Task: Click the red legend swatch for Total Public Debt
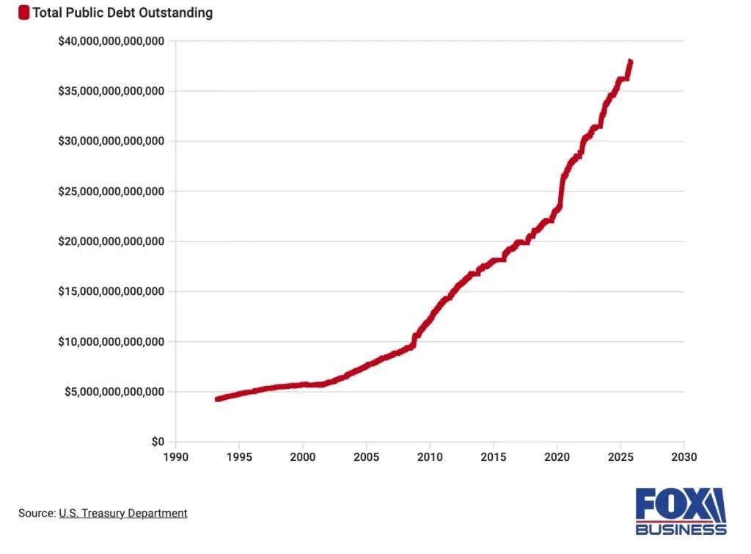click(24, 12)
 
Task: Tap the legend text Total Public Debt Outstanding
click(122, 12)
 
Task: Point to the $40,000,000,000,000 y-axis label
click(111, 41)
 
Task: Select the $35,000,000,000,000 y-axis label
click(111, 91)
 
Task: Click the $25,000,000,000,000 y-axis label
click(111, 192)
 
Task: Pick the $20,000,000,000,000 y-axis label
click(111, 241)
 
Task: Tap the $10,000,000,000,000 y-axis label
click(111, 342)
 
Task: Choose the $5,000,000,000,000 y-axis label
click(114, 392)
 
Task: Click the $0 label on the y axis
click(158, 442)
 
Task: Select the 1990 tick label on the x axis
click(176, 457)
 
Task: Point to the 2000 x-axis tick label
click(303, 457)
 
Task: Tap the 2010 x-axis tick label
click(430, 457)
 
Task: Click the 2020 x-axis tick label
click(557, 457)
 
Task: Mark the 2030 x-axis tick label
click(684, 457)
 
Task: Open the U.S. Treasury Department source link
click(122, 513)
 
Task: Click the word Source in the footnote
click(36, 513)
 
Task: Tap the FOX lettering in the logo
click(671, 504)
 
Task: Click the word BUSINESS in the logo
click(681, 529)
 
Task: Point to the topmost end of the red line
click(630, 62)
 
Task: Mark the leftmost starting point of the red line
click(216, 399)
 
